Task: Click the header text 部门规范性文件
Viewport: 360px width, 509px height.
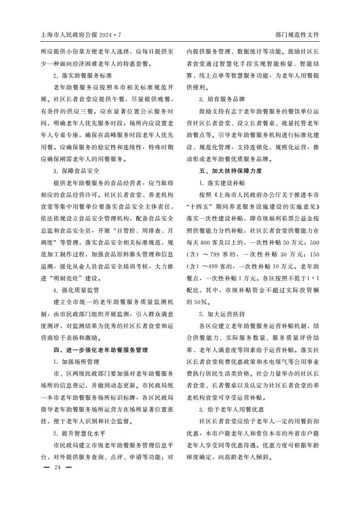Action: tap(297, 34)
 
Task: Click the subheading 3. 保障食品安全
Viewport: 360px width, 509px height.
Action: tap(76, 171)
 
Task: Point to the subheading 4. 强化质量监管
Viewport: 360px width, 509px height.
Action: tap(76, 290)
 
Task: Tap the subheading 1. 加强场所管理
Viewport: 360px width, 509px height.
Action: tap(76, 362)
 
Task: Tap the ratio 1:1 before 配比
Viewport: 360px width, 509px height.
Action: tap(312, 290)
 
